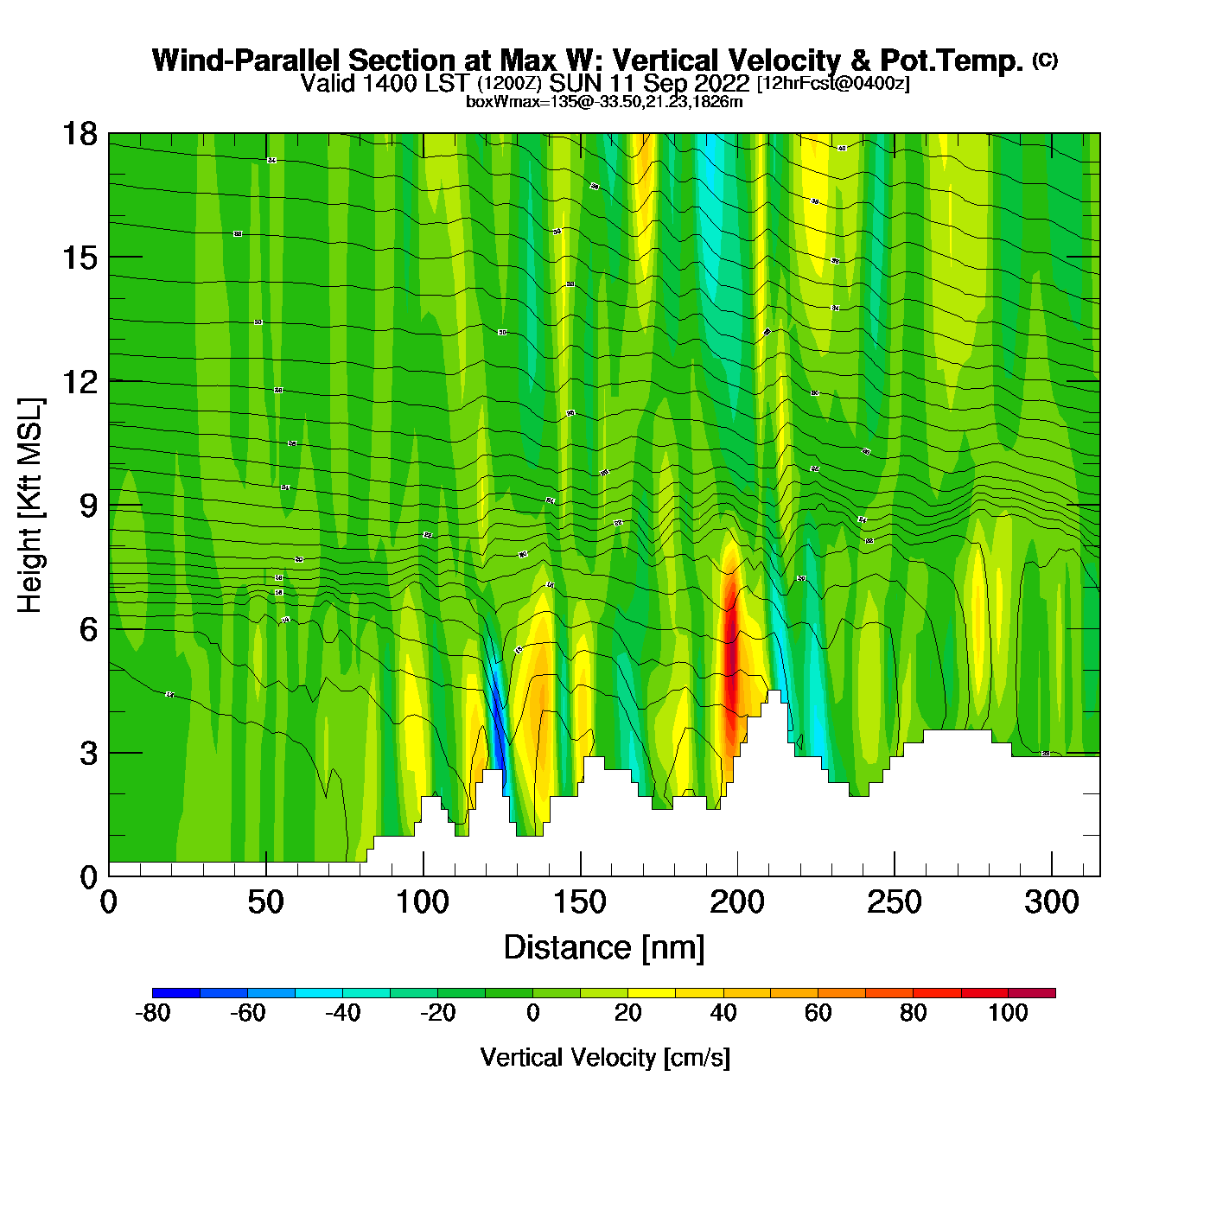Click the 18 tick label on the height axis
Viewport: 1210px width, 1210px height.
[x=79, y=134]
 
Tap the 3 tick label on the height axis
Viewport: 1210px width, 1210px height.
[x=88, y=753]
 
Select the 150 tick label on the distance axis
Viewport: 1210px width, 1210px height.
[x=580, y=903]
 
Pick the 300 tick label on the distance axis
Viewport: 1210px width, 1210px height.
[x=1052, y=903]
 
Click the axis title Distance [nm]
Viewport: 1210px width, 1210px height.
[x=604, y=948]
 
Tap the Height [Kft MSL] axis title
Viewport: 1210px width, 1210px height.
[x=30, y=506]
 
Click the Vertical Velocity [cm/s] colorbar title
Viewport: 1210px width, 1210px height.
[x=605, y=1057]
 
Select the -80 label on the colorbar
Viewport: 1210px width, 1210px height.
[x=153, y=1013]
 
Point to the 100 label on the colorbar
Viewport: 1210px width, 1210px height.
[x=1008, y=1013]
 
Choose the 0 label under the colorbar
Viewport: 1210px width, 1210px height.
[x=533, y=1013]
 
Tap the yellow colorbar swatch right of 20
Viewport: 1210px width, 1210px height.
[x=652, y=993]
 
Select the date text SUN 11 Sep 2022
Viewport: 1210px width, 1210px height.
[x=649, y=84]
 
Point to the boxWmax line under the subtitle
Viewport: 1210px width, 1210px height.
[x=604, y=102]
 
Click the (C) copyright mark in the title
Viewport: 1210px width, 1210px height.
[x=1045, y=60]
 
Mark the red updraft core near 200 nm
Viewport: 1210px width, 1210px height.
[x=731, y=657]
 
